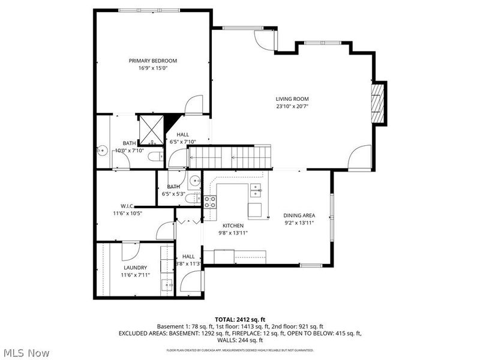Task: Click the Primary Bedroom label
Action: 152,61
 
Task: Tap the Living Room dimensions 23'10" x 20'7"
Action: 292,106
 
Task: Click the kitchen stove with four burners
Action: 210,202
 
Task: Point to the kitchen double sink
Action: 257,191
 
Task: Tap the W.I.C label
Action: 127,206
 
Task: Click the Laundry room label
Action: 135,268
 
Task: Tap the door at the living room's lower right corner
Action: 361,157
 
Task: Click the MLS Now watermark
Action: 25,353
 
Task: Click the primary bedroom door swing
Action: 194,106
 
